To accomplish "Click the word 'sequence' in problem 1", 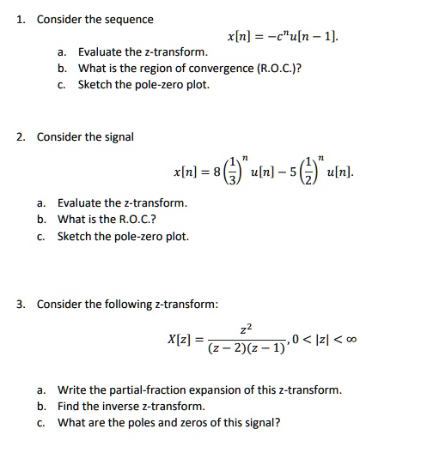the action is click(x=127, y=19).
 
